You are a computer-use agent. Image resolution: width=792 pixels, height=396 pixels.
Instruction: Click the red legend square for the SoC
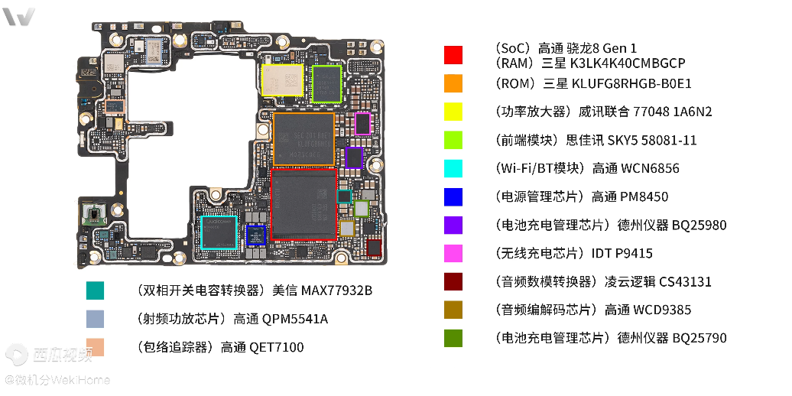tap(453, 55)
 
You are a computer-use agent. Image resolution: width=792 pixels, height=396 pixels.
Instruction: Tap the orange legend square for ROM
tap(453, 83)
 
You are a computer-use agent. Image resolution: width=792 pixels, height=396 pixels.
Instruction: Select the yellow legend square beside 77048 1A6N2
tap(453, 112)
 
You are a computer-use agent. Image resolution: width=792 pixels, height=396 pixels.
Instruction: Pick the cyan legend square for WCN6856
tap(453, 168)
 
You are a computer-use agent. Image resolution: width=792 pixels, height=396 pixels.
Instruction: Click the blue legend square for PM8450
tap(453, 196)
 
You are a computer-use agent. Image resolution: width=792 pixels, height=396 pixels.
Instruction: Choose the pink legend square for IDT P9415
tap(453, 253)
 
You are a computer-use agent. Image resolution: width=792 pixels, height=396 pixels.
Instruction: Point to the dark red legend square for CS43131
tap(453, 281)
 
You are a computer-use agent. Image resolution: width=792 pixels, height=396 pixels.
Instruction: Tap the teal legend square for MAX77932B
tap(95, 291)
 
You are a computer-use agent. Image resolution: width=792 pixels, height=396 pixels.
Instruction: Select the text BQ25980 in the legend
tap(699, 225)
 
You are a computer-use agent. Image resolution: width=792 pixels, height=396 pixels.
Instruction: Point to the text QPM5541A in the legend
tap(295, 319)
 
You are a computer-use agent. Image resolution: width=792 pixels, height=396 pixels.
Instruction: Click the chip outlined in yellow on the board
tap(283, 80)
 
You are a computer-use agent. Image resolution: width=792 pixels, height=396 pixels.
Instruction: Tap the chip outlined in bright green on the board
tap(326, 84)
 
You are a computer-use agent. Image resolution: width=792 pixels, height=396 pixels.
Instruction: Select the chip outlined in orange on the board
tap(303, 139)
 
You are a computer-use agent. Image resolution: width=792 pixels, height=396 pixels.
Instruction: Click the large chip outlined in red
tap(304, 205)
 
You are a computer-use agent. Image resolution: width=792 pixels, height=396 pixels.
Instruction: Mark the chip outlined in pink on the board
tap(362, 124)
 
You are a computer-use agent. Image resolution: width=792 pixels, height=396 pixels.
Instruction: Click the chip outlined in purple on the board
tap(354, 157)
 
